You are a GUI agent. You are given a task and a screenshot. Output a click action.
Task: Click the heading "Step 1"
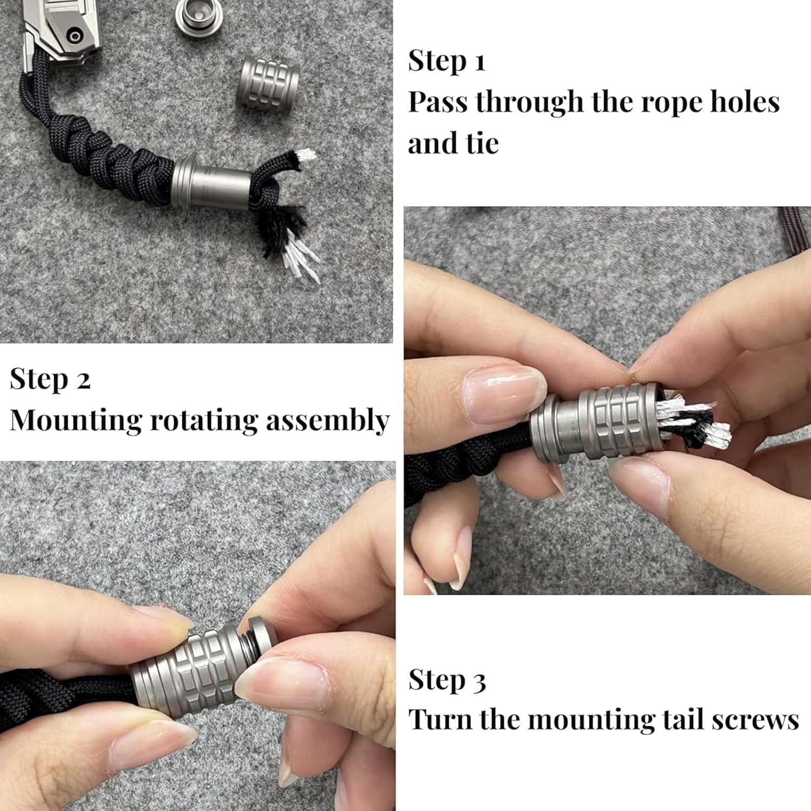pos(446,61)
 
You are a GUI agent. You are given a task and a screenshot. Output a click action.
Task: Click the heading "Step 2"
pos(50,379)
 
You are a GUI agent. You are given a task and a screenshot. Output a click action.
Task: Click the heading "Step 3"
pos(447,680)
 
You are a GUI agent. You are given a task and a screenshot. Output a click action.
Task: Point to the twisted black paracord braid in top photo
pos(108,162)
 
